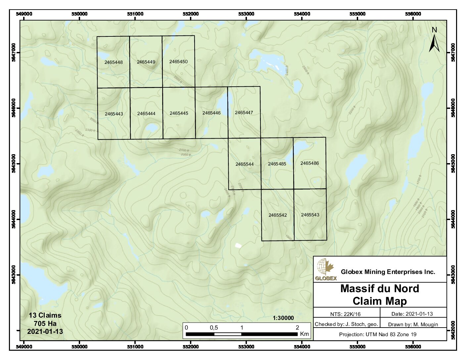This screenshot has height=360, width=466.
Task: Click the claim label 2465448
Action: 114,62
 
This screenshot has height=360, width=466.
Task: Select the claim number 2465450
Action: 178,62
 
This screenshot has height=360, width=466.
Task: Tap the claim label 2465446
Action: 211,113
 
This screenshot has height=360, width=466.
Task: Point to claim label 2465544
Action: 245,164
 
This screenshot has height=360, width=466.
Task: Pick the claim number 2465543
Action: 310,215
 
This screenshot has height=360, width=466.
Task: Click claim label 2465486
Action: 309,163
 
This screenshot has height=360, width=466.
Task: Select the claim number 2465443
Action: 114,114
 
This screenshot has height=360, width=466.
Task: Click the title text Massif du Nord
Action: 380,289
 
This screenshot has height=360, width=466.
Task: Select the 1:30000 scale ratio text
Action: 283,318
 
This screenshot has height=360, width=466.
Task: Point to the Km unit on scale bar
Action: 304,334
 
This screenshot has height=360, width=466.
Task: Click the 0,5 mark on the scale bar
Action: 214,328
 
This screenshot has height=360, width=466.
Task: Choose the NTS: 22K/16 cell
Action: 346,314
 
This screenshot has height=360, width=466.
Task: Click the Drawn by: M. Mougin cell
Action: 413,324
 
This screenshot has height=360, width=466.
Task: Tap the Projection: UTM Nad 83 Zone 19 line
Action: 378,335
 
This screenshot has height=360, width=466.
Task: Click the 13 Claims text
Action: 45,315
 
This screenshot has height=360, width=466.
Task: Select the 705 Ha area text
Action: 45,323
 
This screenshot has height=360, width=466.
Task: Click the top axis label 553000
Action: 246,14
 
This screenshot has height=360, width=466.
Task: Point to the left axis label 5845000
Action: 14,164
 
